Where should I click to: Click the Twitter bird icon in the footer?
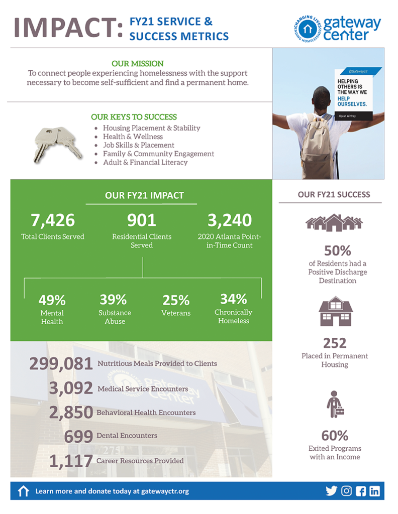[331, 491]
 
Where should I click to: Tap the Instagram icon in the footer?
[346, 491]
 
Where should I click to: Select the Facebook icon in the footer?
[360, 491]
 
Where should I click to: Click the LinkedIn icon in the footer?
[374, 491]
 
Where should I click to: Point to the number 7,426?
[52, 220]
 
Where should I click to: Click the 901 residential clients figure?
[141, 220]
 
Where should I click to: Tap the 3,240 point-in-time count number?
[229, 220]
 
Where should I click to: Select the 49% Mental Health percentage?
[52, 300]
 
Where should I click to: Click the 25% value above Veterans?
[176, 300]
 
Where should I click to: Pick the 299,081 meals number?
[61, 363]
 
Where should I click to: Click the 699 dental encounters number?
[78, 436]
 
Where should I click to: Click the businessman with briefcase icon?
[335, 405]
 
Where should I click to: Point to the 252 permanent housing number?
[335, 343]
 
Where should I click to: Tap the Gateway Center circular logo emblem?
[307, 29]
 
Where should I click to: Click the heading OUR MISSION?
[137, 64]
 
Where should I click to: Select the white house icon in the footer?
[23, 491]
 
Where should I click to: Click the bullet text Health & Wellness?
[133, 137]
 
